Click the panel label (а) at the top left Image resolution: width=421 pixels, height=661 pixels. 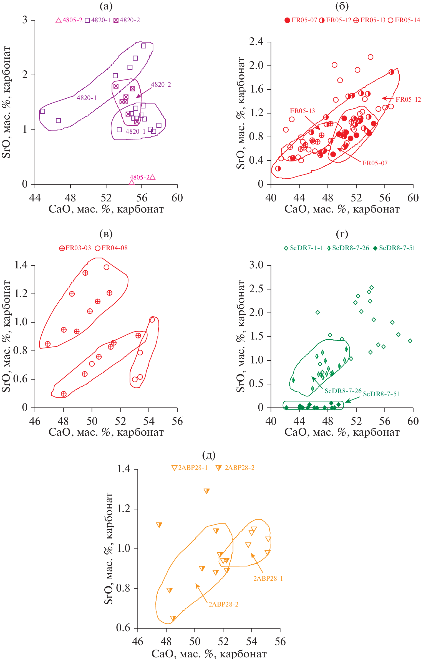pos(106,6)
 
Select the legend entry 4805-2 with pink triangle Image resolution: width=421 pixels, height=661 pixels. pos(69,20)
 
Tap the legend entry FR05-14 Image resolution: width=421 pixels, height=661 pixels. pos(404,20)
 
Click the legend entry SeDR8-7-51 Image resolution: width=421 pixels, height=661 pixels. pos(394,248)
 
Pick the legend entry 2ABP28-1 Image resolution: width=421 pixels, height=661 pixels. pos(190,468)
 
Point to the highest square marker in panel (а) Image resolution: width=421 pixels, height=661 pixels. pos(143,46)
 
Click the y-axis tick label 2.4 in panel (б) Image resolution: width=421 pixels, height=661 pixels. pos(256,42)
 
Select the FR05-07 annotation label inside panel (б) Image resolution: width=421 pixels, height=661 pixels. pos(375,163)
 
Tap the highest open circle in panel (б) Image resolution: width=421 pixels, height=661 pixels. pos(370,57)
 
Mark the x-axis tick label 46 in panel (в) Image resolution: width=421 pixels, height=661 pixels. pos(35,421)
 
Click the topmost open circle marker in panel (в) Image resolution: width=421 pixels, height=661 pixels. pos(107,267)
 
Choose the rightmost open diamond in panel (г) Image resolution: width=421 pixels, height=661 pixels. pos(410,341)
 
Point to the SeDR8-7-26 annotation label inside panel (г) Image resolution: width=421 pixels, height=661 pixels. pos(343,391)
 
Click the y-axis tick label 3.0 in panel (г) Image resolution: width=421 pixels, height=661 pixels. pos(256,265)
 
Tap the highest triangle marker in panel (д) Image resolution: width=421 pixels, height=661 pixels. pos(206,491)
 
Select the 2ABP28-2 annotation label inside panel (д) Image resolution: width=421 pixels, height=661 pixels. pos(223,604)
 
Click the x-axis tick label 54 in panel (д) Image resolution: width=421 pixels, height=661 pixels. pos(252,642)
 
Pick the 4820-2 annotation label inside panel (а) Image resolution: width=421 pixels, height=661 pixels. pos(161,85)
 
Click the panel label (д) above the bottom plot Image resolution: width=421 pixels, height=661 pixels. pos(209,455)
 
